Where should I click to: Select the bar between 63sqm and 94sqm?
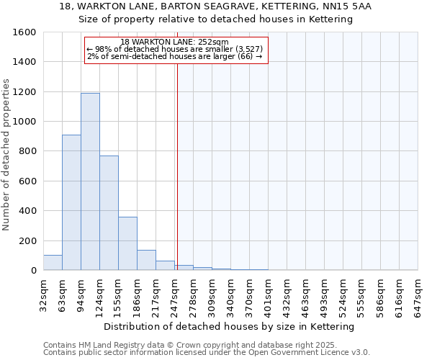71,202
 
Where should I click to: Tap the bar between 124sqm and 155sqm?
109,213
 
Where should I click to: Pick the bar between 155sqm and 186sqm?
127,243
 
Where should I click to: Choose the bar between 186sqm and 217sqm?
146,260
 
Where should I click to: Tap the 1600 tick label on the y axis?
24,32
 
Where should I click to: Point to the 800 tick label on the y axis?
27,151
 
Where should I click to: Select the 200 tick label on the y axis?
27,240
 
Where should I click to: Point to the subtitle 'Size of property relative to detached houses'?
216,19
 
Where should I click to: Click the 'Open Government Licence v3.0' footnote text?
305,353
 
